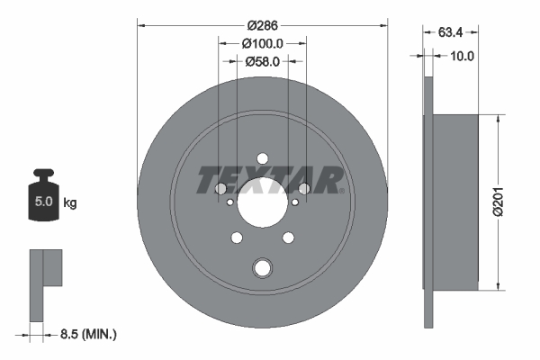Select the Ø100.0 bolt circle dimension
[263, 42]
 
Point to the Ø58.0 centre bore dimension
[263, 61]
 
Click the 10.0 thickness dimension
[463, 56]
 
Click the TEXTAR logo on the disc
[269, 180]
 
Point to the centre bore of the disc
[262, 205]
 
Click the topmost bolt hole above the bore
[262, 159]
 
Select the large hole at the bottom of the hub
[262, 267]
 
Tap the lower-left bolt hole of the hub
[236, 238]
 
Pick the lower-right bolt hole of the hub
[289, 238]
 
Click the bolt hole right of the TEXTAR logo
[304, 188]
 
